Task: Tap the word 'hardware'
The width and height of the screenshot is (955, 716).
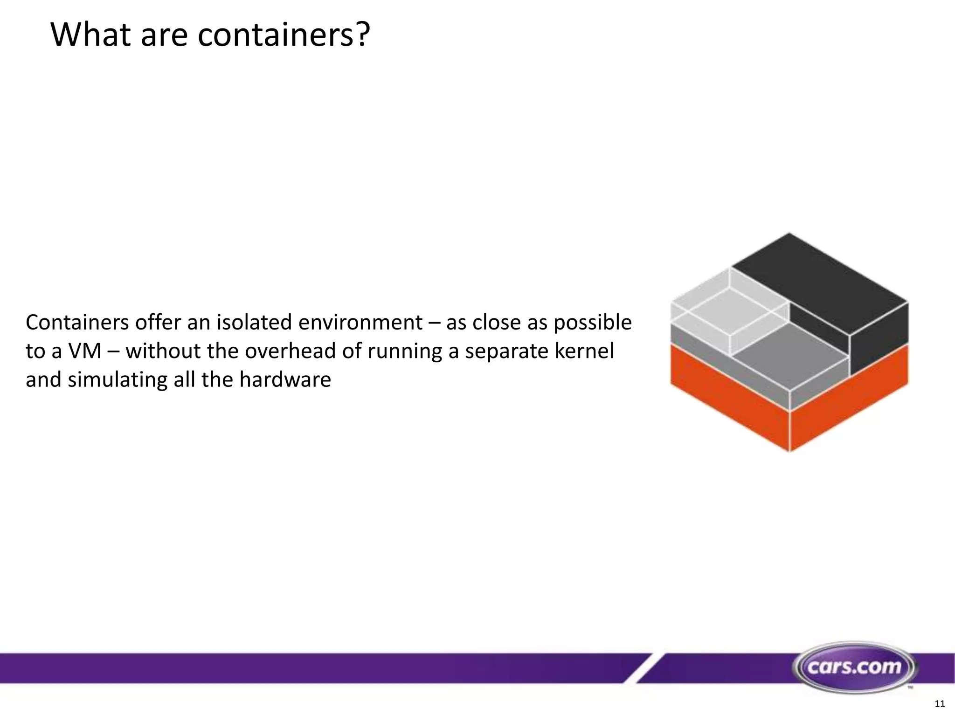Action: click(x=285, y=379)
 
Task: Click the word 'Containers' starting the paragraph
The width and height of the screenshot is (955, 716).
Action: click(x=77, y=323)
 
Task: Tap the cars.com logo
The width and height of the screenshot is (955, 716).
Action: click(x=854, y=667)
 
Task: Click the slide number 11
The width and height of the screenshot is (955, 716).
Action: click(x=940, y=703)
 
